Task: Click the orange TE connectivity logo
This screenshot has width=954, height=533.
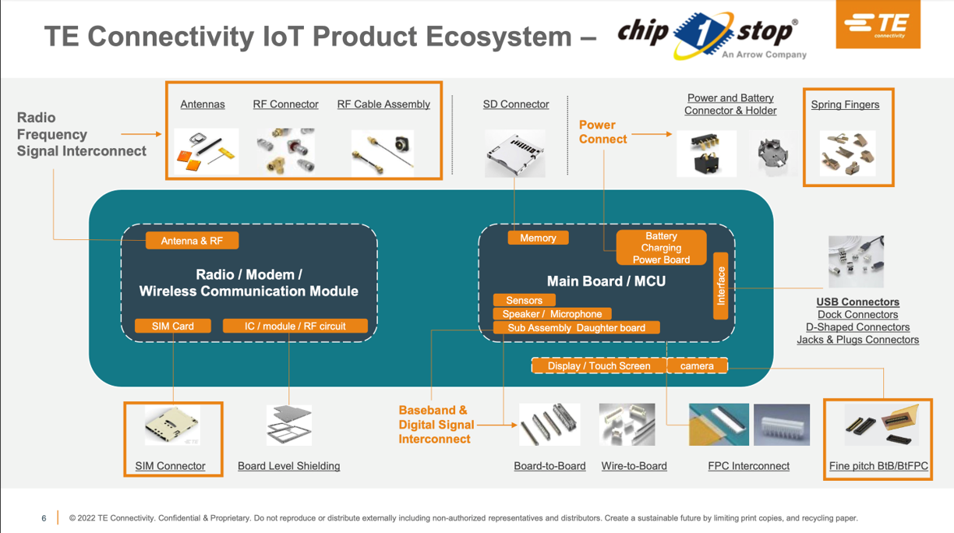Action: click(x=878, y=24)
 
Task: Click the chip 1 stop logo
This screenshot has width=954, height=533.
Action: click(x=712, y=35)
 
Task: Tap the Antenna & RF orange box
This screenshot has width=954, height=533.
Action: click(x=192, y=241)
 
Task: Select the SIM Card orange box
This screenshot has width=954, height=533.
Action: click(x=173, y=326)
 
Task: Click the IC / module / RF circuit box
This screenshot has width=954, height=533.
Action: click(x=295, y=326)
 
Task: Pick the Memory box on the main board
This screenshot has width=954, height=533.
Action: click(x=538, y=238)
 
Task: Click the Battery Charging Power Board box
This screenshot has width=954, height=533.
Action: click(x=661, y=247)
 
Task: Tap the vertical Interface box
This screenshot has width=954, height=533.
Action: click(x=721, y=286)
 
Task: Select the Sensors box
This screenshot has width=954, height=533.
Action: click(x=525, y=300)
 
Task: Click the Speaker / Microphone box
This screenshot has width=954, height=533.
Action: click(x=553, y=314)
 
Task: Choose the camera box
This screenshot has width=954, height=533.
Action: click(x=698, y=365)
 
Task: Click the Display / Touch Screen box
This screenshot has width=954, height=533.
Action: click(x=599, y=365)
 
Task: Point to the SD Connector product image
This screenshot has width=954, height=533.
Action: click(x=515, y=154)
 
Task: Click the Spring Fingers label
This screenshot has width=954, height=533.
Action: click(x=845, y=104)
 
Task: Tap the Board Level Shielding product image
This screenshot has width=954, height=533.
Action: click(x=289, y=425)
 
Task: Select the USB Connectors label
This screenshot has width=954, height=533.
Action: click(x=858, y=302)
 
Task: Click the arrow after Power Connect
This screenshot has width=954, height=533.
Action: click(x=652, y=134)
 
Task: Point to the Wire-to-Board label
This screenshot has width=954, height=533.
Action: click(x=634, y=466)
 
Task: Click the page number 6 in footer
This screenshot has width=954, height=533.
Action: click(x=44, y=518)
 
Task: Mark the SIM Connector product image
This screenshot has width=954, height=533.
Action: click(x=172, y=425)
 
